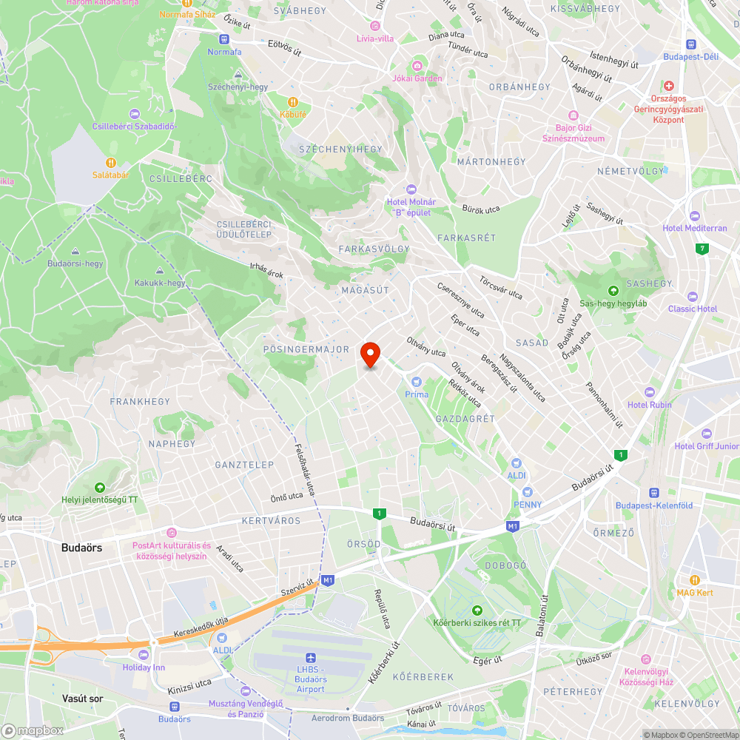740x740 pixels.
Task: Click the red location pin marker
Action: coord(370,354)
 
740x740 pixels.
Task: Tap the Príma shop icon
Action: coord(417,381)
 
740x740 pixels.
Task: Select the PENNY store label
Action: coord(528,505)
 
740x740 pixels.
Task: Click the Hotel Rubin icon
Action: coord(650,391)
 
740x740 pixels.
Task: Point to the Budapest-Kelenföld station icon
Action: coord(654,492)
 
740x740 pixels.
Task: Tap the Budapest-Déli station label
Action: coord(690,56)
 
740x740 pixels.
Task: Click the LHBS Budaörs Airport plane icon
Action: coord(311,658)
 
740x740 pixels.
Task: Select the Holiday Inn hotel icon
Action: coord(144,654)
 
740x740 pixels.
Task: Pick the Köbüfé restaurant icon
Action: coord(293,101)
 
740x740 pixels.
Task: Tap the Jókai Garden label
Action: coord(417,78)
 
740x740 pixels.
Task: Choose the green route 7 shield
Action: coord(701,248)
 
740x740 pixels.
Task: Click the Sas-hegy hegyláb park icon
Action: coord(613,291)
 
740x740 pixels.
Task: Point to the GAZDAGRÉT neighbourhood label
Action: coord(465,419)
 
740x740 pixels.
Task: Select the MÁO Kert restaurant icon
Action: coord(694,580)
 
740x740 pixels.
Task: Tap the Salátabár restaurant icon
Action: coord(110,162)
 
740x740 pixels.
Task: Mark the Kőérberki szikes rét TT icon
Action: coord(477,610)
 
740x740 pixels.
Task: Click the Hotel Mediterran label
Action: coord(695,228)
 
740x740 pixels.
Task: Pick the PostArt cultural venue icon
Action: coord(172,533)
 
